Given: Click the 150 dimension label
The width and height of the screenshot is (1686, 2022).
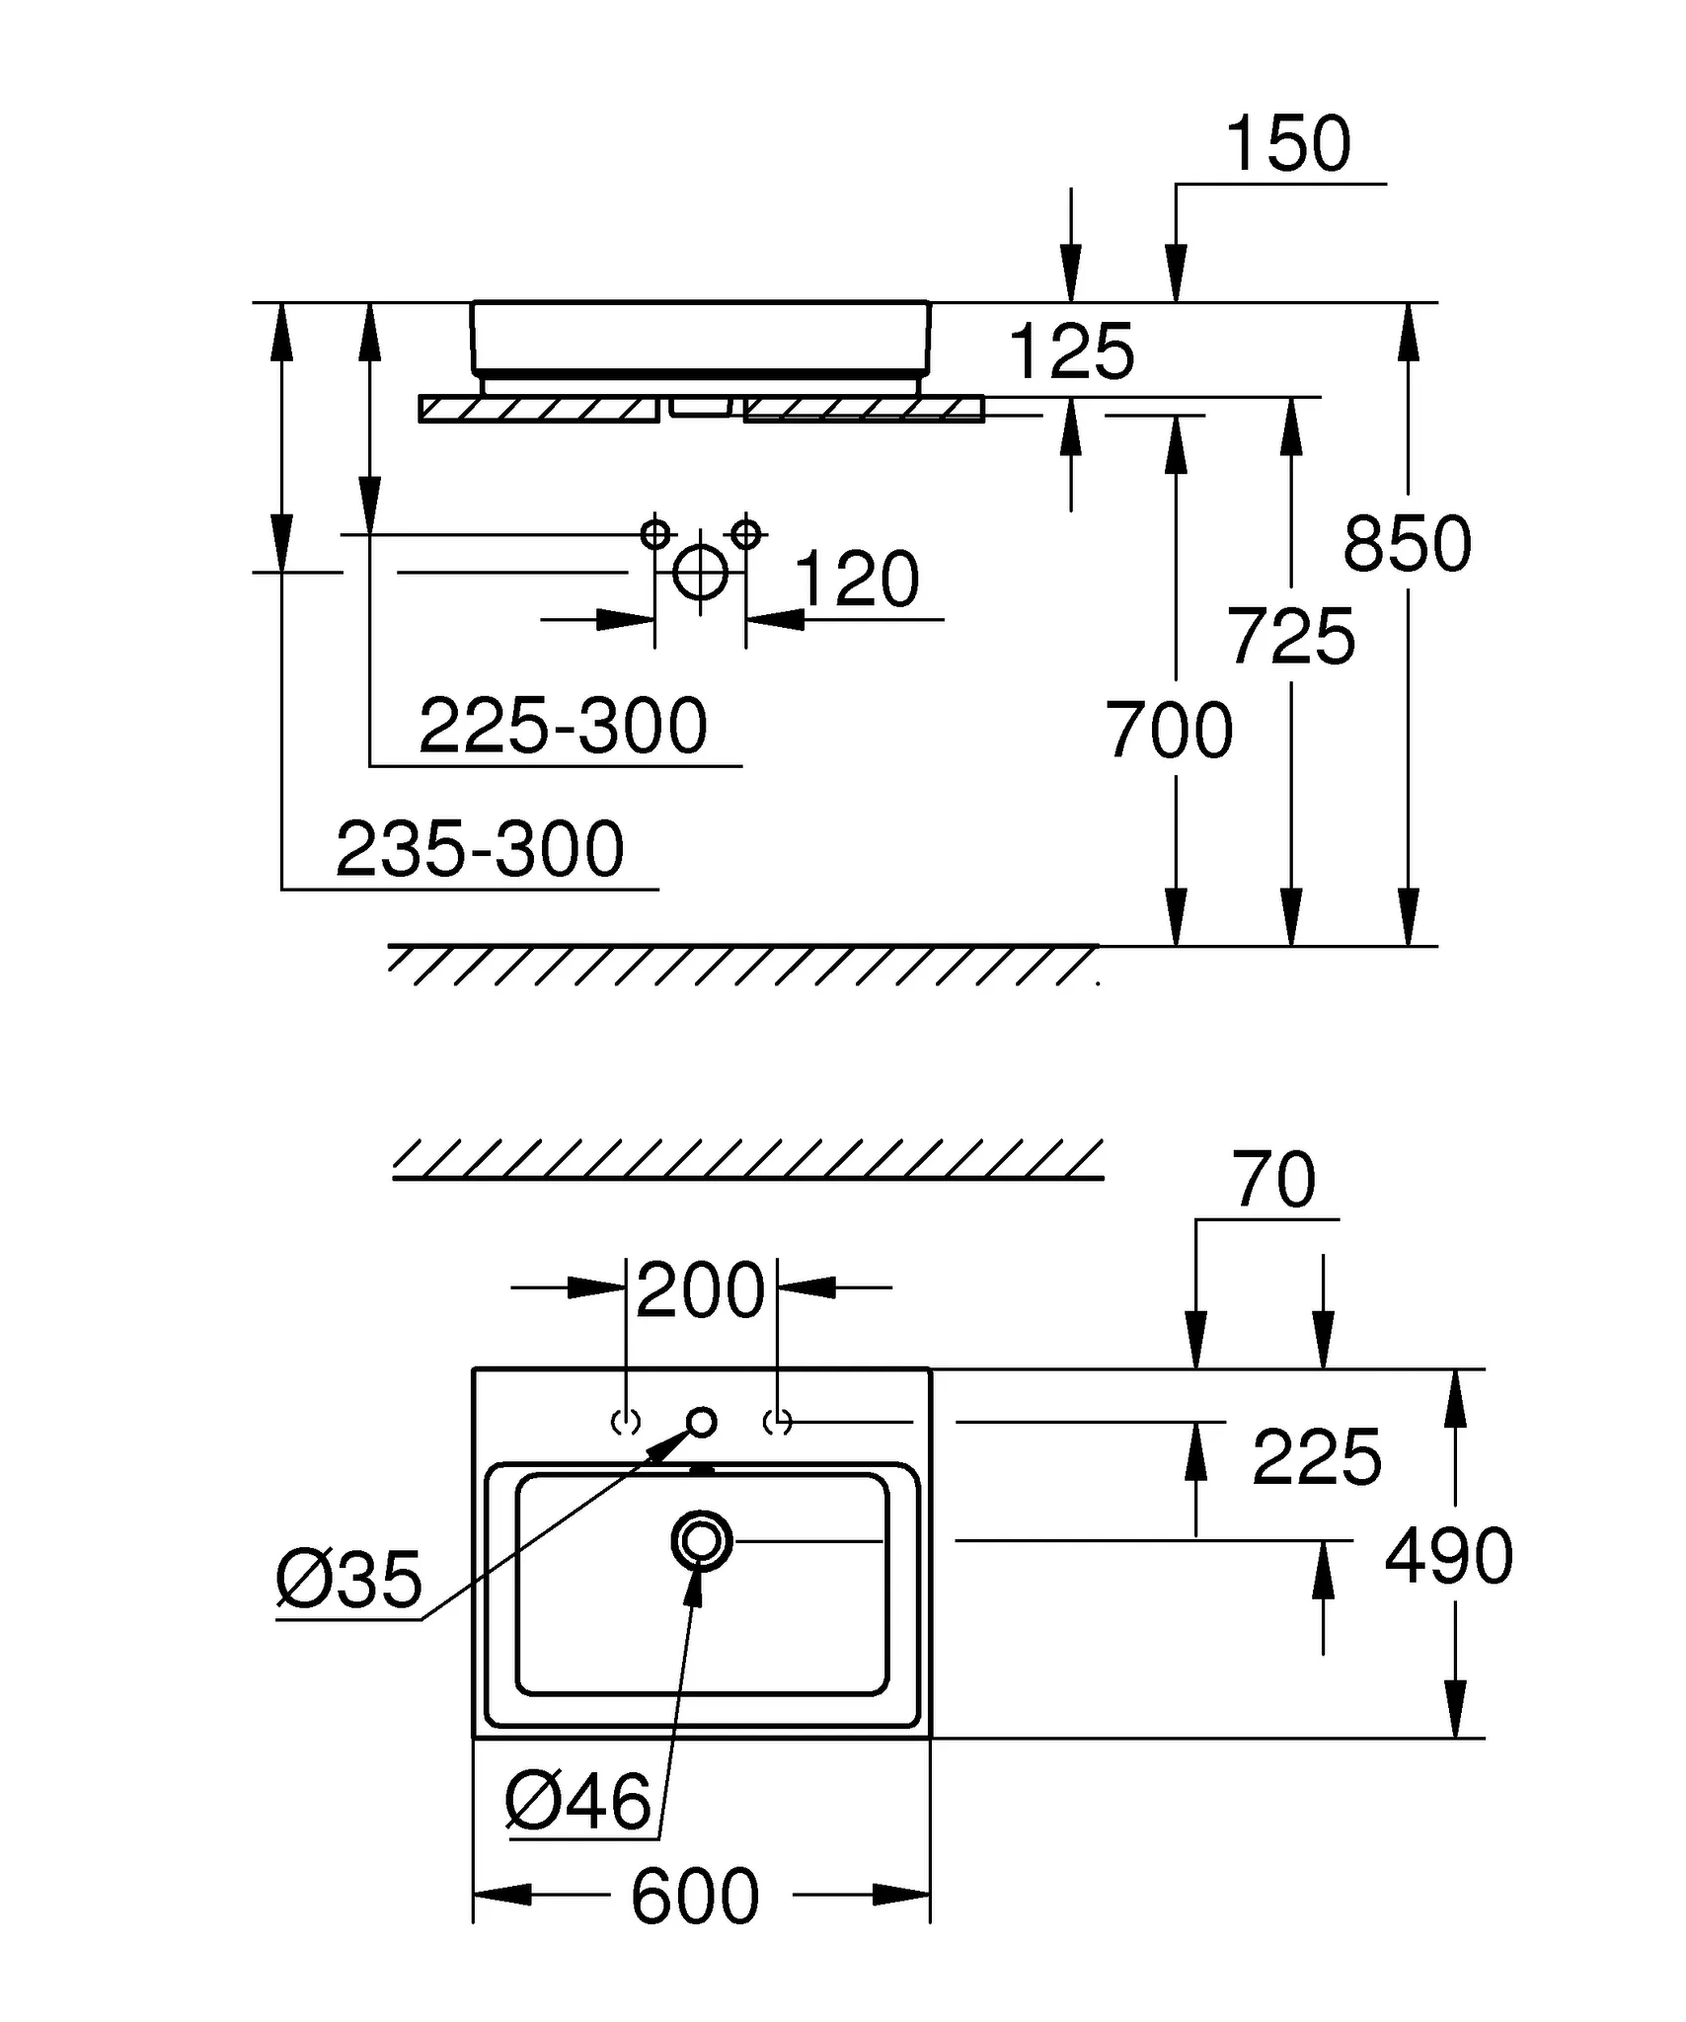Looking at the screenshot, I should point(1287,144).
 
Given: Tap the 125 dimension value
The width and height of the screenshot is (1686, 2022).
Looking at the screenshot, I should point(1071,351).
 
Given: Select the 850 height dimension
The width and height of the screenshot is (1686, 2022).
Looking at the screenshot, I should point(1407,544).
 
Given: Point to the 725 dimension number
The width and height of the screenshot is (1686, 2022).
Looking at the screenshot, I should point(1290,637).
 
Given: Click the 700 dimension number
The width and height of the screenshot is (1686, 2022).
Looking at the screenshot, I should point(1169,731).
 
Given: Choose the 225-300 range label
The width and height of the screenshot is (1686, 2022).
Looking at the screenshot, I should point(563,727).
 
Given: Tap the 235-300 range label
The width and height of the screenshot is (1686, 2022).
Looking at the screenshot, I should point(480,849).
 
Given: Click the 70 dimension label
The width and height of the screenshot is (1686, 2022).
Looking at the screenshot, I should point(1273,1180).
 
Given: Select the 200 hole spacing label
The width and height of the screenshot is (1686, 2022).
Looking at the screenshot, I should point(700,1290).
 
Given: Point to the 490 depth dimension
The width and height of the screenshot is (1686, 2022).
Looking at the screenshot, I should point(1448,1556).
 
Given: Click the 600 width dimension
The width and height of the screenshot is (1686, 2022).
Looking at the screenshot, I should point(695,1897).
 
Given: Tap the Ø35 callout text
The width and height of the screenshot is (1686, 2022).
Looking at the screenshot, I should point(348,1580).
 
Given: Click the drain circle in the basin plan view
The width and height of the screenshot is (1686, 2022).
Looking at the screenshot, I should point(701,1541).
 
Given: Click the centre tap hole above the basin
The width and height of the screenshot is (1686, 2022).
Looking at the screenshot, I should point(702,1423).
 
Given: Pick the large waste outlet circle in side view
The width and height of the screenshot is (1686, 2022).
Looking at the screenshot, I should point(700,572).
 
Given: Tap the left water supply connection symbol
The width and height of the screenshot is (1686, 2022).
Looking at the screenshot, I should point(654,534).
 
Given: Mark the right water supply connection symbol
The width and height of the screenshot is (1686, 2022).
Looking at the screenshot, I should point(746,534).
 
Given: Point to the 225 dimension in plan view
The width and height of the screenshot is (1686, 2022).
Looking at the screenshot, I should point(1316,1457).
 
